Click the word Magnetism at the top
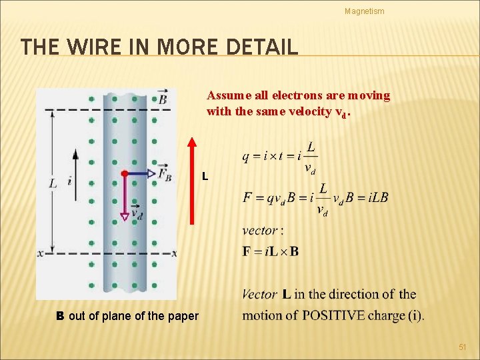pyautogui.click(x=364, y=11)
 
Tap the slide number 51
pyautogui.click(x=463, y=347)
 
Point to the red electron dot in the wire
pyautogui.click(x=124, y=173)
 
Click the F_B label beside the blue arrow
pyautogui.click(x=164, y=175)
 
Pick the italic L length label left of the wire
pyautogui.click(x=53, y=182)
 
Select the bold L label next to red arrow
pyautogui.click(x=205, y=177)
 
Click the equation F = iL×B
pyautogui.click(x=271, y=251)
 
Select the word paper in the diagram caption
pyautogui.click(x=183, y=315)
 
